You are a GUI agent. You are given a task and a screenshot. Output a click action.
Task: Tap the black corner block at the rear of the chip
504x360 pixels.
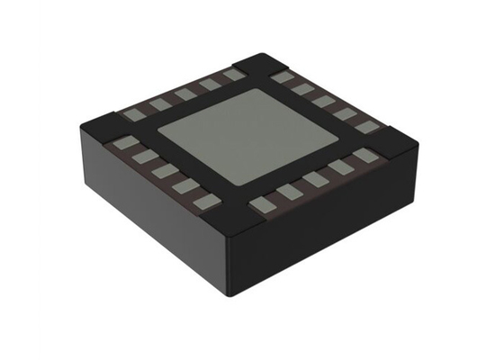(258, 64)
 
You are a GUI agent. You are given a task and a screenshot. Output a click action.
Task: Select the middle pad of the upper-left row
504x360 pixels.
(185, 93)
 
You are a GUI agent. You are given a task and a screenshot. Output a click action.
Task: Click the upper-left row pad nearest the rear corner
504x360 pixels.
(233, 76)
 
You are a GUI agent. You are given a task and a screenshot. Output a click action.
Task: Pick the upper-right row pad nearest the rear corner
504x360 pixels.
(283, 78)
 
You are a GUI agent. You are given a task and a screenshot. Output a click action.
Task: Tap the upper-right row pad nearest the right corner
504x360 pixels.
(365, 126)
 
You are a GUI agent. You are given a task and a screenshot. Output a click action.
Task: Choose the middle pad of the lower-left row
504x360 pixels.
(162, 170)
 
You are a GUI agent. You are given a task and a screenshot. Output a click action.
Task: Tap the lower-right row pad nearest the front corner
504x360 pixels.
(261, 205)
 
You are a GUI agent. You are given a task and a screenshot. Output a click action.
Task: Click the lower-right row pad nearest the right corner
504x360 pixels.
(364, 155)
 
